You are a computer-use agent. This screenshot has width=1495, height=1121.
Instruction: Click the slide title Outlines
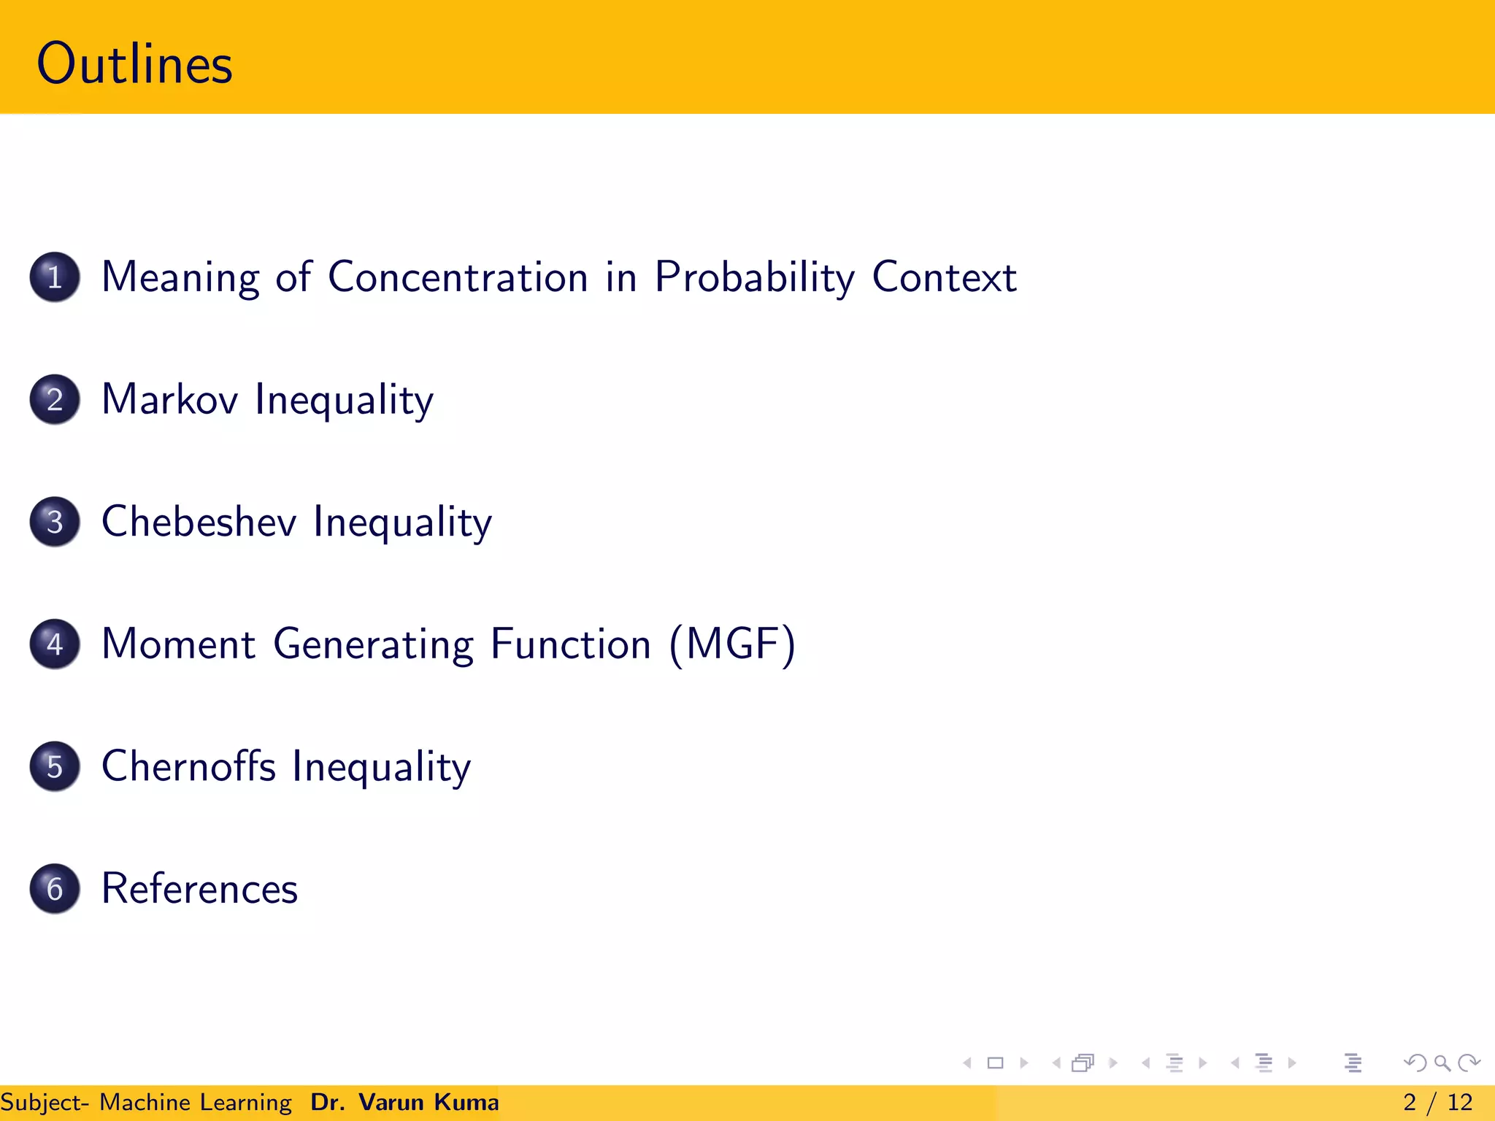(134, 64)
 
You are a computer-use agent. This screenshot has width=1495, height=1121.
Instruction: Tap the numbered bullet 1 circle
(55, 277)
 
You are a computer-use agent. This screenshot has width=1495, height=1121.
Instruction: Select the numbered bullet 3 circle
(55, 522)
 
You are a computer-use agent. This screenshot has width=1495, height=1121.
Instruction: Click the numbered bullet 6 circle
(55, 889)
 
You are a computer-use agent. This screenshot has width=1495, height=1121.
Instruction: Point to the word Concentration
(458, 277)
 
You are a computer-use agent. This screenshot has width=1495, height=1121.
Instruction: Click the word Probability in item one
(754, 277)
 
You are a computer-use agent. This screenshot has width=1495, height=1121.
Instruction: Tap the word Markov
(169, 400)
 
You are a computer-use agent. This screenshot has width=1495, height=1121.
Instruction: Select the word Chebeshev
(199, 522)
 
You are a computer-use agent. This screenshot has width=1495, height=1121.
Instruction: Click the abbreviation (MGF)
(732, 644)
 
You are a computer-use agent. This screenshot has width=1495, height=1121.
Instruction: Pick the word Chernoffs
(188, 766)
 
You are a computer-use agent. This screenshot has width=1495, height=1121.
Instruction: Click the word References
(199, 889)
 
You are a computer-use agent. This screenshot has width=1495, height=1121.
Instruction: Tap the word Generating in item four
(373, 644)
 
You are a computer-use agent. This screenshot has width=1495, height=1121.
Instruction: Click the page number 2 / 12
(1437, 1102)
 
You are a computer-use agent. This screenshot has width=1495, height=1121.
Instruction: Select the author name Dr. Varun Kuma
(404, 1102)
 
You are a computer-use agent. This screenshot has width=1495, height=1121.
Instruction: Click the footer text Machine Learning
(195, 1102)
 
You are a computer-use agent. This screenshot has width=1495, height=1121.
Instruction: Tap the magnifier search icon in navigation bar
(1442, 1063)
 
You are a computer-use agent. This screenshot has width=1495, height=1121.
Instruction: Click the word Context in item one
(944, 277)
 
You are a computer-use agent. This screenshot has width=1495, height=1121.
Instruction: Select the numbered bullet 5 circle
(55, 766)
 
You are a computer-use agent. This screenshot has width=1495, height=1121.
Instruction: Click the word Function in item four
(570, 644)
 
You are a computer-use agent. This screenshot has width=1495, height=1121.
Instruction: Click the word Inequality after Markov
(344, 400)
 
